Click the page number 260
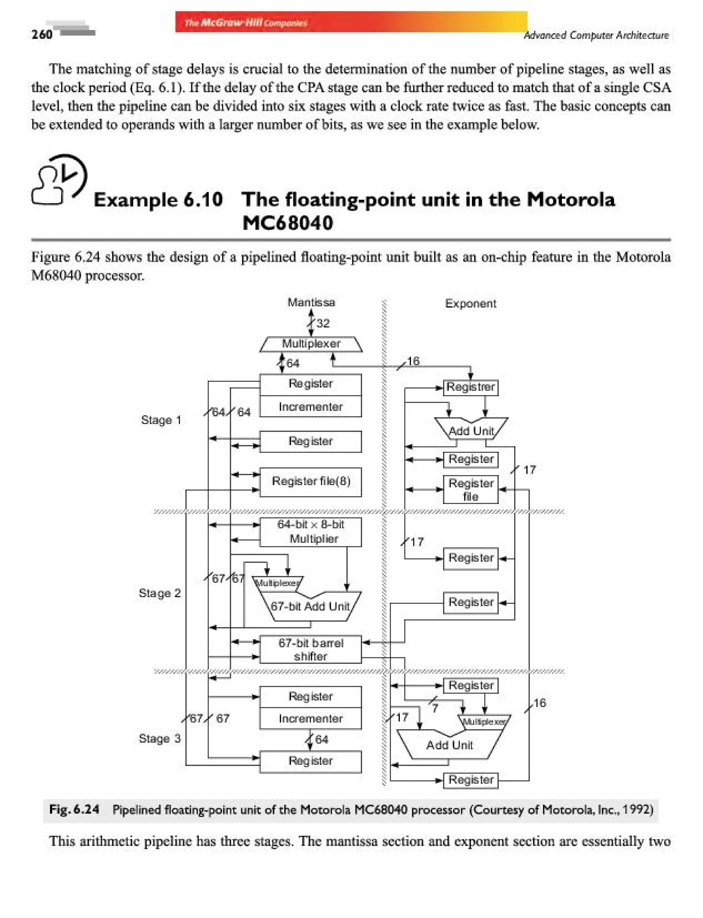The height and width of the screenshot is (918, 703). pyautogui.click(x=42, y=34)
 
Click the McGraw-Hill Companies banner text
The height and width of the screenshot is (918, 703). pyautogui.click(x=246, y=23)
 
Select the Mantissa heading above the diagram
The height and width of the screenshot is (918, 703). pyautogui.click(x=311, y=302)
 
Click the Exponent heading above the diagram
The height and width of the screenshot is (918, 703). pyautogui.click(x=470, y=304)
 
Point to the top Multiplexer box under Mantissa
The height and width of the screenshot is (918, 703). pyautogui.click(x=311, y=344)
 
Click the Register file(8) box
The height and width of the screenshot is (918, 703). pyautogui.click(x=311, y=481)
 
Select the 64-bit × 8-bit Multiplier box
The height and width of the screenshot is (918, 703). pyautogui.click(x=311, y=532)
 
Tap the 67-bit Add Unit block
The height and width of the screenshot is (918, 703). pyautogui.click(x=310, y=606)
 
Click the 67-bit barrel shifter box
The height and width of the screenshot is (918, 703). pyautogui.click(x=311, y=649)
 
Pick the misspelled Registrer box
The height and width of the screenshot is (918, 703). pyautogui.click(x=470, y=387)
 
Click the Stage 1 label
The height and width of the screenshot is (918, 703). pyautogui.click(x=161, y=420)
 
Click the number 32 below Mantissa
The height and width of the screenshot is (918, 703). pyautogui.click(x=323, y=323)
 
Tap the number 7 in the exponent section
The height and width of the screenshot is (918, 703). pyautogui.click(x=435, y=708)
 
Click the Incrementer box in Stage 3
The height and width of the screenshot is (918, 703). pyautogui.click(x=311, y=718)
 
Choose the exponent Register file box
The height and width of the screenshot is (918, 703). pyautogui.click(x=470, y=489)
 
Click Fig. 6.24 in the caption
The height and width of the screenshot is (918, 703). pyautogui.click(x=74, y=809)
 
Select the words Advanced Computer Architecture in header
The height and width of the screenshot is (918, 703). pyautogui.click(x=596, y=36)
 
